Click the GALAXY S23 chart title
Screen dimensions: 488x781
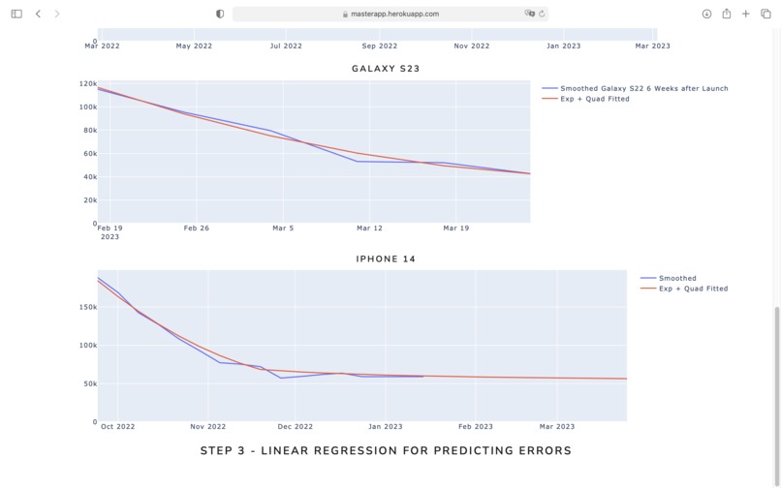click(x=386, y=69)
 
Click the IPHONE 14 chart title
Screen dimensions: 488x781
click(x=386, y=259)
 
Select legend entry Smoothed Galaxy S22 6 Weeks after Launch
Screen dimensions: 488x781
click(x=643, y=88)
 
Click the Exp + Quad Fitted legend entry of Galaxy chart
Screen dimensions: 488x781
click(x=594, y=99)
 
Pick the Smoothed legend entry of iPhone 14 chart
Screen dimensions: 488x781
click(x=677, y=278)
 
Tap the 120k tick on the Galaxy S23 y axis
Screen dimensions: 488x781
click(x=87, y=83)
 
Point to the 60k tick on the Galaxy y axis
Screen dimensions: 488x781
click(x=89, y=154)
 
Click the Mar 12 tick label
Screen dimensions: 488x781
click(x=369, y=229)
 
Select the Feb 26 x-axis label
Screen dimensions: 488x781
click(x=197, y=229)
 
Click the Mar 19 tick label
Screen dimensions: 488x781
click(x=455, y=229)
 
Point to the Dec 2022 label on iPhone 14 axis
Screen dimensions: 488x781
click(x=296, y=427)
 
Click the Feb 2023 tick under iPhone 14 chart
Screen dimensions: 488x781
click(x=476, y=427)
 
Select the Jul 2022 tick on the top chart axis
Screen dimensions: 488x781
click(x=286, y=46)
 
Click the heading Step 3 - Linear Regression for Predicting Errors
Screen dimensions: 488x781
click(x=386, y=450)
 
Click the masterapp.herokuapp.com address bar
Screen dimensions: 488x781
click(x=390, y=14)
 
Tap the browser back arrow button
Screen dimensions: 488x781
click(x=38, y=14)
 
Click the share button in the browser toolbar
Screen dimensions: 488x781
click(x=726, y=14)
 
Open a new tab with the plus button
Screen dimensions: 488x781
click(x=746, y=14)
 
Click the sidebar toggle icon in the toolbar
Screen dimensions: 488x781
click(x=16, y=14)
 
